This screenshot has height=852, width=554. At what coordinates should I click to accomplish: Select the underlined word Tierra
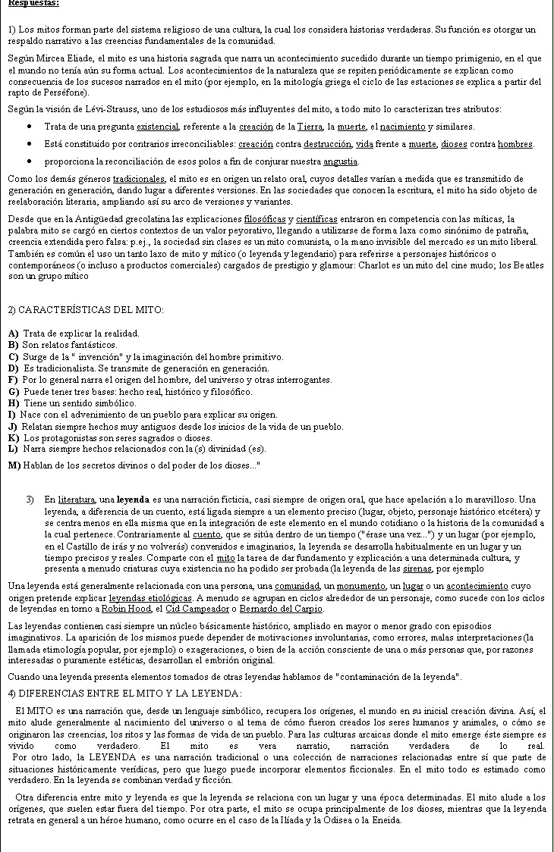pos(309,127)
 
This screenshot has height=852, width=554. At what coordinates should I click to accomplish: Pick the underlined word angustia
pos(339,161)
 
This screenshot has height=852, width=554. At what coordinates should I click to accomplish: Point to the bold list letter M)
pos(14,464)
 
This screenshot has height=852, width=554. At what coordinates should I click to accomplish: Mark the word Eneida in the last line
pos(387,819)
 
